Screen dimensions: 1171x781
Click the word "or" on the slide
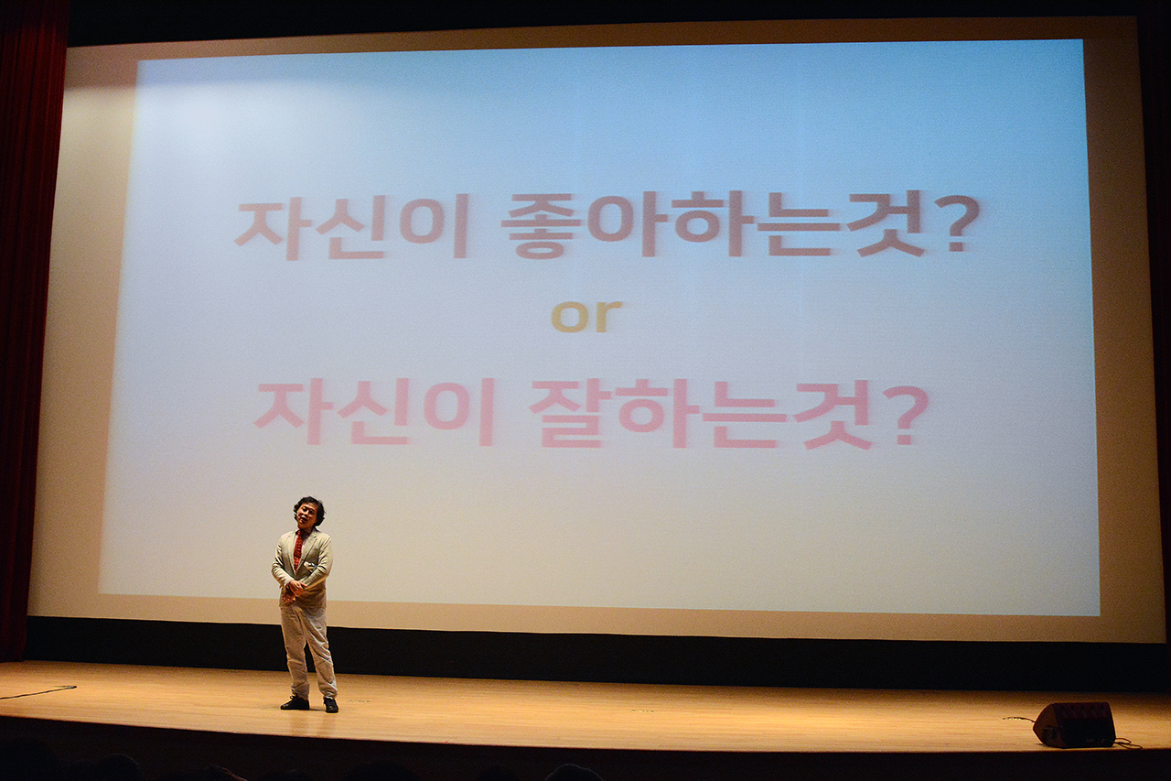[586, 317]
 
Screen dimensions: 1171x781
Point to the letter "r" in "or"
[609, 317]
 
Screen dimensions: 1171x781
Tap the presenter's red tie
[298, 549]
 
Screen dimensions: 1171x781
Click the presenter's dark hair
[309, 508]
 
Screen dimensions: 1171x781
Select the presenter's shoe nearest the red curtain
[295, 702]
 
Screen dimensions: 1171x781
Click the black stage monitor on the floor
[1073, 724]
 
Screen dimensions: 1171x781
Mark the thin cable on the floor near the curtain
[38, 691]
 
